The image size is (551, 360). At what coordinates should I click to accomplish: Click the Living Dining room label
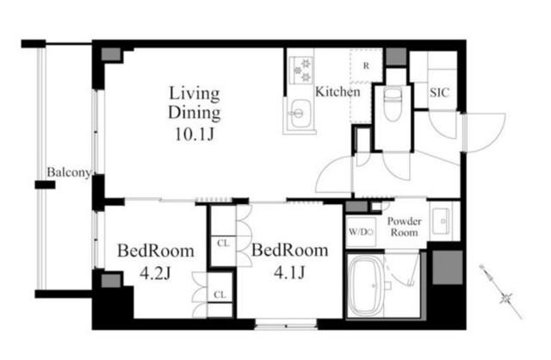tap(195, 103)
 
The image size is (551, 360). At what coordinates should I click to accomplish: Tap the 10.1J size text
tap(195, 134)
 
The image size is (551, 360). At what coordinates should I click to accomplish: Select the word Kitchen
tap(337, 92)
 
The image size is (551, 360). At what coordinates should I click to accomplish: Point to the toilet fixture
tap(393, 105)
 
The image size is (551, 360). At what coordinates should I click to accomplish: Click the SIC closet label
tap(439, 92)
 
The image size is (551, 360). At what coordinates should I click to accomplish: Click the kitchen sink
tap(299, 114)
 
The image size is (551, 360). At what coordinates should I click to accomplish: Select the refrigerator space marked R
tap(366, 66)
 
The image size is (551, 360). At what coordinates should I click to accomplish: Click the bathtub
tap(368, 285)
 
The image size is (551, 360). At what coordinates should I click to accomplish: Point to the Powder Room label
tap(404, 227)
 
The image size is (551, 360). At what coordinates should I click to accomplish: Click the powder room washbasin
tap(441, 220)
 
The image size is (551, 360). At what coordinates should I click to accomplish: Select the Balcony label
tap(69, 172)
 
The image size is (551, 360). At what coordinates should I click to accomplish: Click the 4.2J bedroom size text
tap(155, 273)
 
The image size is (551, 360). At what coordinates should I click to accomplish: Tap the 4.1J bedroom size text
tap(289, 272)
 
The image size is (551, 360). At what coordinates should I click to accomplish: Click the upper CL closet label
tap(223, 243)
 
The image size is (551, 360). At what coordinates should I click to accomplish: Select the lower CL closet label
tap(220, 295)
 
